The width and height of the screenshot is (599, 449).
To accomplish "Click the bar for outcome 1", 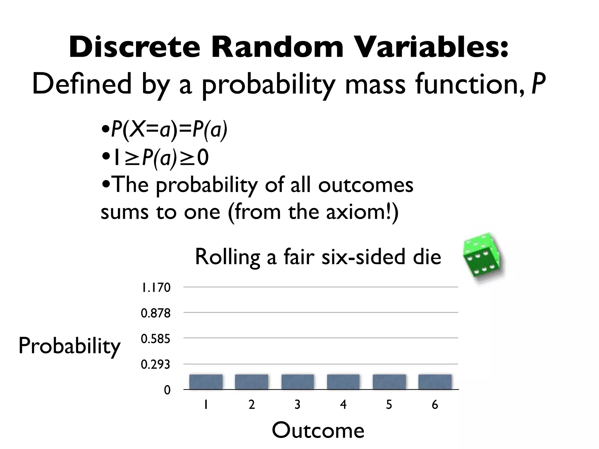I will tap(206, 382).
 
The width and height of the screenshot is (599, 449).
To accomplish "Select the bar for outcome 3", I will tap(297, 382).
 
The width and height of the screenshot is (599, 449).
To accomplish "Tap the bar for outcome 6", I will tap(435, 382).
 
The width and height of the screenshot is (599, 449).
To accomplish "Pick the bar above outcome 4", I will tap(343, 382).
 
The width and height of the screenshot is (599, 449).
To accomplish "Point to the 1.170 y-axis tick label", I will tap(155, 288).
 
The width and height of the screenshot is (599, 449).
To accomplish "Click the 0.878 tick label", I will tap(155, 313).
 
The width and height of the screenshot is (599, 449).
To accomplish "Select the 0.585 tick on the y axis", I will tap(155, 339).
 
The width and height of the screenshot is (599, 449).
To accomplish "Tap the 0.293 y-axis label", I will tap(155, 365).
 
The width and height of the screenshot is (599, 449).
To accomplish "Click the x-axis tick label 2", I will tap(252, 405).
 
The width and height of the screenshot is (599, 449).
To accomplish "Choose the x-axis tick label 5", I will tap(389, 405).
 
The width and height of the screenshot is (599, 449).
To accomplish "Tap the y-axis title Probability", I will tap(69, 346).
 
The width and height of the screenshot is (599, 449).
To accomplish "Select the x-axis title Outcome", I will tap(318, 431).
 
